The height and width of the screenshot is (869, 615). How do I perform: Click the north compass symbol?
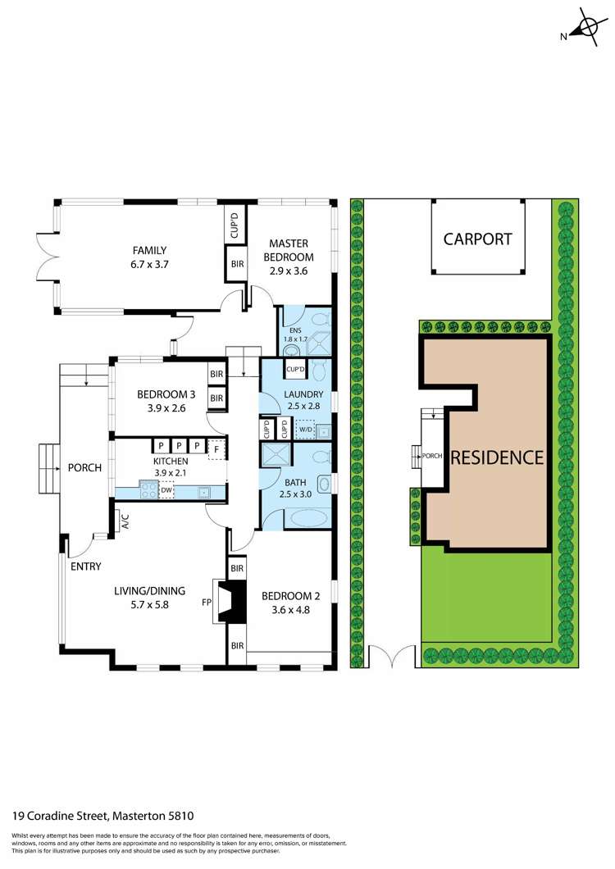(x=585, y=28)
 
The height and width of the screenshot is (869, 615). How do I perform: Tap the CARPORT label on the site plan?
(x=477, y=239)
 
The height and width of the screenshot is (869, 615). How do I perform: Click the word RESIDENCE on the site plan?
(x=497, y=457)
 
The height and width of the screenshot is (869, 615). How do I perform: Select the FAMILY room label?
(x=149, y=251)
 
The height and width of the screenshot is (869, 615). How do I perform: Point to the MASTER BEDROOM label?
(x=289, y=250)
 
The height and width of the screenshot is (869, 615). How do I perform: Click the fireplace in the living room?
(x=229, y=601)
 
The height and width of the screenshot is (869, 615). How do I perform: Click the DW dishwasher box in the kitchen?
(x=166, y=490)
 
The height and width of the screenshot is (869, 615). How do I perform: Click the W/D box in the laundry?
(x=306, y=430)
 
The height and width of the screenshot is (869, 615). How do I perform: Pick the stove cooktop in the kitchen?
(x=148, y=490)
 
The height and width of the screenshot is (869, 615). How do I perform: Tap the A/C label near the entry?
(x=125, y=521)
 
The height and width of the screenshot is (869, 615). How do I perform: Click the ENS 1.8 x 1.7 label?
(x=295, y=334)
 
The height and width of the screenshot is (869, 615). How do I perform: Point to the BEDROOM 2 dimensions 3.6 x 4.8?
(x=290, y=610)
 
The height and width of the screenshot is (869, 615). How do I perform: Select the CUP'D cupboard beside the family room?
(x=235, y=224)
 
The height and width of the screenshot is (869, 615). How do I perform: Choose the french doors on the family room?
(x=47, y=257)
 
